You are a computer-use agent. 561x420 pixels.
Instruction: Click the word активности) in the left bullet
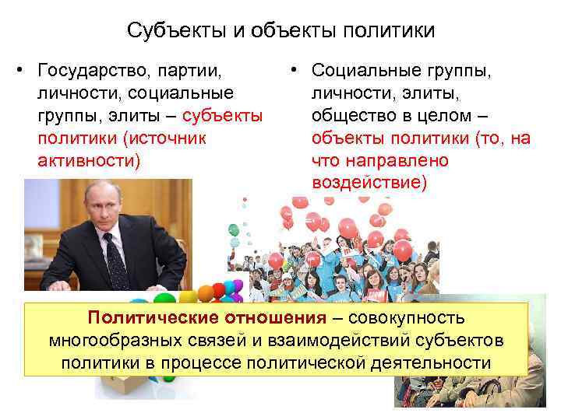pyautogui.click(x=89, y=161)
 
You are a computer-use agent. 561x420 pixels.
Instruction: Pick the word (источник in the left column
pyautogui.click(x=156, y=138)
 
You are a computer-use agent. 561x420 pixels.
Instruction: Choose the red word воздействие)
pyautogui.click(x=369, y=183)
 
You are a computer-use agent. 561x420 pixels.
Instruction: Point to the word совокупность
pyautogui.click(x=407, y=318)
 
